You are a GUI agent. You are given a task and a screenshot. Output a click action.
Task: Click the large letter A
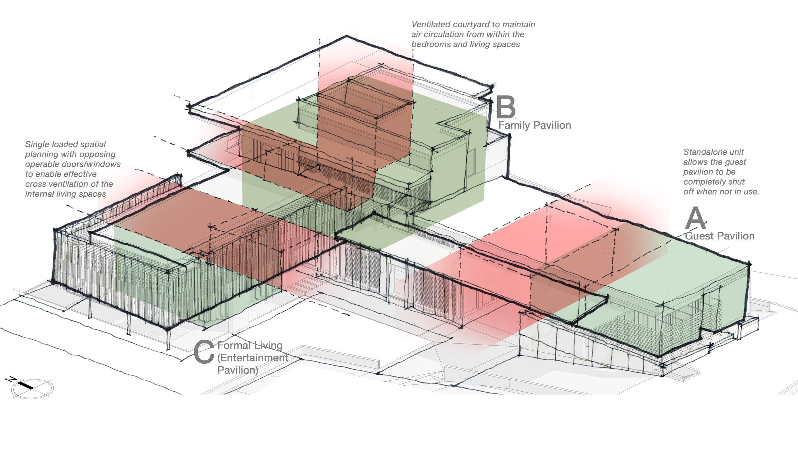695,218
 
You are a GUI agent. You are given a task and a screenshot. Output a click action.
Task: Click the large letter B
506,107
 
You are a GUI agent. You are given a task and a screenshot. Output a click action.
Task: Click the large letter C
204,352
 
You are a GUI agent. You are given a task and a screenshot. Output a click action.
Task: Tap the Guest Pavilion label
720,236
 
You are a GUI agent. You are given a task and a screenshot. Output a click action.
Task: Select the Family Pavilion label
535,125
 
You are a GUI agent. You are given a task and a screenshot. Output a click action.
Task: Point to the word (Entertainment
253,358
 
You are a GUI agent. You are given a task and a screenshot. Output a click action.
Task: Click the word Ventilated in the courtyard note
430,24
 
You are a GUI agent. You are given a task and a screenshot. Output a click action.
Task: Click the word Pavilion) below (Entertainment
238,370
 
